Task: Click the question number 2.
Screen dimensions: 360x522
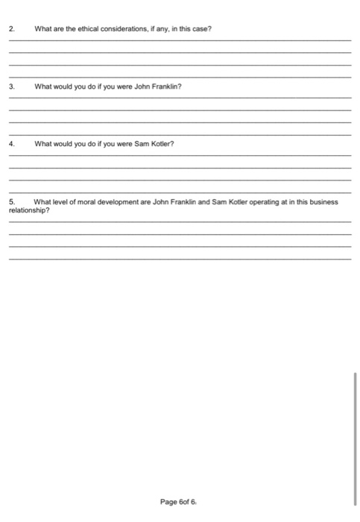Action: pyautogui.click(x=11, y=29)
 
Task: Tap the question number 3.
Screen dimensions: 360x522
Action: pyautogui.click(x=11, y=87)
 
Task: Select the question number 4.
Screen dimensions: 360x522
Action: pyautogui.click(x=11, y=144)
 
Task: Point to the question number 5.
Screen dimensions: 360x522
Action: pyautogui.click(x=11, y=201)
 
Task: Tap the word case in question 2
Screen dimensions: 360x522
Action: pyautogui.click(x=203, y=29)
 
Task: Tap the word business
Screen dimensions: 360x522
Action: pyautogui.click(x=323, y=201)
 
